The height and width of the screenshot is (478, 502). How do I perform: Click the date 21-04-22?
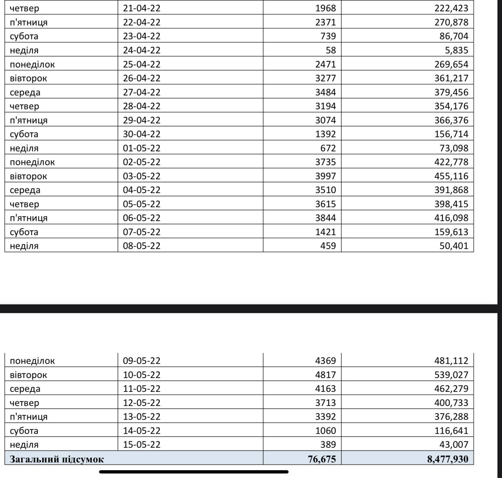click(142, 8)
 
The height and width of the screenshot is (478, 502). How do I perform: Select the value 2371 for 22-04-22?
click(326, 22)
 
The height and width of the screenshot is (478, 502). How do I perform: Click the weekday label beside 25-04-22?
click(32, 64)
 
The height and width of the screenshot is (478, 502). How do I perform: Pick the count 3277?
click(326, 78)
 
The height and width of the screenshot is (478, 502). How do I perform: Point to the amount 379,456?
click(451, 92)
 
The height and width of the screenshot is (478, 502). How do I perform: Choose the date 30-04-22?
click(142, 134)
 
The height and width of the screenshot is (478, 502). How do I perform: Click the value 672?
click(328, 148)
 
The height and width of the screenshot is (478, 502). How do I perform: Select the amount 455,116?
click(451, 176)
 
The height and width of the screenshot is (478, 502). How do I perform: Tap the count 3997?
click(326, 176)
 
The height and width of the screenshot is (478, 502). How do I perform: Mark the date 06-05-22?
click(142, 218)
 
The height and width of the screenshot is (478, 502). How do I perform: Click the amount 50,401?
click(454, 246)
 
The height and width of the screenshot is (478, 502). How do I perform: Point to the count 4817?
click(326, 375)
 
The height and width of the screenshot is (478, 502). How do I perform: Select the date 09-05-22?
click(142, 361)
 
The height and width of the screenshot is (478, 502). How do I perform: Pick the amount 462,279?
click(451, 389)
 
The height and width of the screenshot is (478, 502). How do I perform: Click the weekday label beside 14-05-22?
click(24, 431)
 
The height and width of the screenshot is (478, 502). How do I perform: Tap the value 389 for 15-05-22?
click(328, 444)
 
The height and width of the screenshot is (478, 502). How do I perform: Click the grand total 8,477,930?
click(447, 459)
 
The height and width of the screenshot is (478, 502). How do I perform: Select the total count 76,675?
click(322, 459)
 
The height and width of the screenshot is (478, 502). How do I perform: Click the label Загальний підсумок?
click(57, 459)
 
